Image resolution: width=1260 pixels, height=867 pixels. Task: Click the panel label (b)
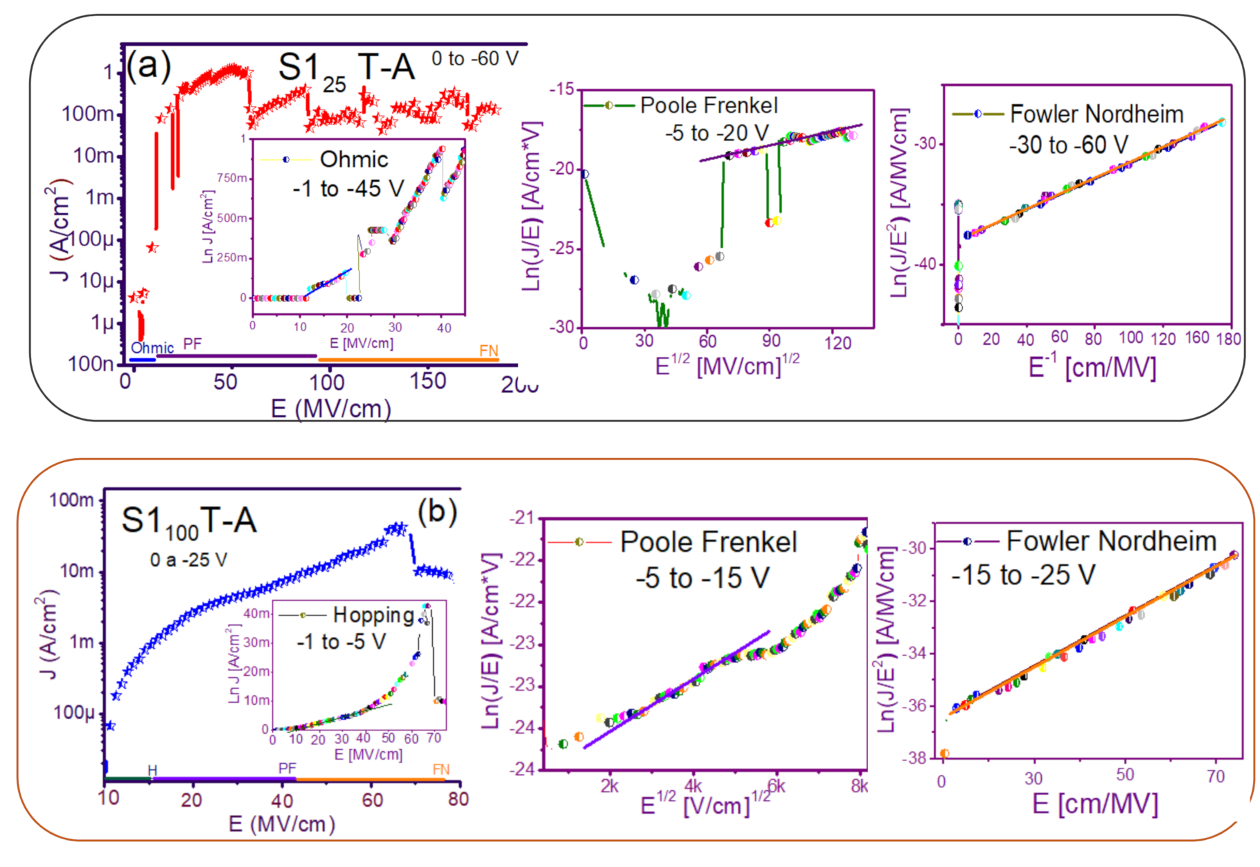click(437, 512)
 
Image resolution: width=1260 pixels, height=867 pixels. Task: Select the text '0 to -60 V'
click(474, 59)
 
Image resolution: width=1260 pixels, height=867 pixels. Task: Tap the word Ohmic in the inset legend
click(354, 159)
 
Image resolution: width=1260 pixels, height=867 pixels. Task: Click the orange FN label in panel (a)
click(488, 351)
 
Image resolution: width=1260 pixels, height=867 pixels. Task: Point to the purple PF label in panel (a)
click(193, 344)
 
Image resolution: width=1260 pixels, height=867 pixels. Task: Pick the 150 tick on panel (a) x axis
click(427, 381)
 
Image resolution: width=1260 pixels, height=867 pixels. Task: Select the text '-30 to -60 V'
click(1068, 146)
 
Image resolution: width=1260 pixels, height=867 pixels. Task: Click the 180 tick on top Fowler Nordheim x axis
click(1228, 339)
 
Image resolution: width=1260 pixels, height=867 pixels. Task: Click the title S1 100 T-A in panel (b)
click(189, 521)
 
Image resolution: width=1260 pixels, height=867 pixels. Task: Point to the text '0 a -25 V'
click(188, 560)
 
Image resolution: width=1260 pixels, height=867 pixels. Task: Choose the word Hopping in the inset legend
click(373, 615)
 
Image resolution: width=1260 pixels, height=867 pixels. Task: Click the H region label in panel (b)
click(152, 770)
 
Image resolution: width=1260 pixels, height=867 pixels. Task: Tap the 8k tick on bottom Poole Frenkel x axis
click(860, 786)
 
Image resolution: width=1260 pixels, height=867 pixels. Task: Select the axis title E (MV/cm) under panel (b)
click(282, 824)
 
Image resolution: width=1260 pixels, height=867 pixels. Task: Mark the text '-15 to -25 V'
click(1023, 575)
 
